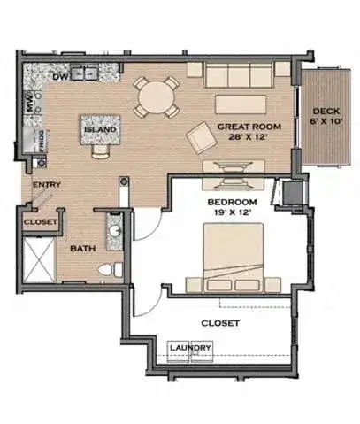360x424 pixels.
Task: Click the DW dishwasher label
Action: tap(60, 77)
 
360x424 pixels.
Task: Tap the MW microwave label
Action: tap(29, 102)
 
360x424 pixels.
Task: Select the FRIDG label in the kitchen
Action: tap(42, 142)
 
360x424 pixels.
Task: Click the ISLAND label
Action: tap(100, 129)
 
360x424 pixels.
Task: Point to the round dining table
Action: tap(156, 97)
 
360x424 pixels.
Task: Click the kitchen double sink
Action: tap(84, 73)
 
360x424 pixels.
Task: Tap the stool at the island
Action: tap(101, 151)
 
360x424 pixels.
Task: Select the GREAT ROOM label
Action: tap(249, 127)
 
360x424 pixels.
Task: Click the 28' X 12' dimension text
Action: tap(248, 137)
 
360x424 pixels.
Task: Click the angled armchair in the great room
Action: tap(202, 138)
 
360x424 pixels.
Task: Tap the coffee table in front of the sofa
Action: tap(241, 104)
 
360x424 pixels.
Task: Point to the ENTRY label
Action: tap(47, 185)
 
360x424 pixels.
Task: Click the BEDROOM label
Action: tap(232, 203)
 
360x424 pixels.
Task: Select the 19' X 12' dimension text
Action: tap(233, 212)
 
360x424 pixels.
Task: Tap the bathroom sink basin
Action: tap(114, 229)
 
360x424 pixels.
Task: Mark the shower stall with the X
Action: tap(39, 260)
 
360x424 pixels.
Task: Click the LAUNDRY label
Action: tap(191, 348)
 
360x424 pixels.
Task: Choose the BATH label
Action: tap(83, 249)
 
